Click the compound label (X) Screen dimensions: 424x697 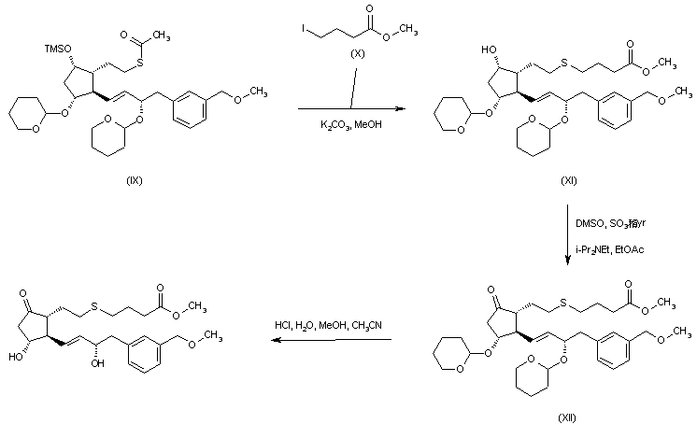[x=355, y=55]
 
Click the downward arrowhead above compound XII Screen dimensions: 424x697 [x=569, y=262]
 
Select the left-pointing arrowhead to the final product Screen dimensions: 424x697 [x=275, y=340]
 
